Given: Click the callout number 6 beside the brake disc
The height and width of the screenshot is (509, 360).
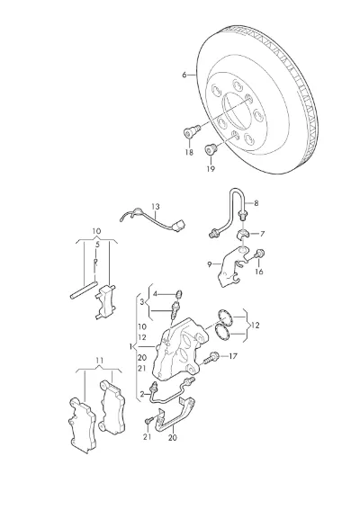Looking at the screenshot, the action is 184,75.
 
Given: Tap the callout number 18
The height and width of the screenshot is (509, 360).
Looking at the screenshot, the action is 189,152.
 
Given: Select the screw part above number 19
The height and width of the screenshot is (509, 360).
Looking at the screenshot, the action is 211,149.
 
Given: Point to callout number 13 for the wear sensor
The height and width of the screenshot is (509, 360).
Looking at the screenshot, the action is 156,207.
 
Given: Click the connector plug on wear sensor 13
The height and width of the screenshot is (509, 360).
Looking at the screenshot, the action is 179,225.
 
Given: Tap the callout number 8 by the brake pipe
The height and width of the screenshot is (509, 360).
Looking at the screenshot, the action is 256,203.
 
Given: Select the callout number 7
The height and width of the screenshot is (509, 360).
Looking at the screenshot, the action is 262,234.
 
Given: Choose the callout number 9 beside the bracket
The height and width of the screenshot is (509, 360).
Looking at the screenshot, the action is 210,264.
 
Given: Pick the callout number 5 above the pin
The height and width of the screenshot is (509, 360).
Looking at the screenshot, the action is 97,245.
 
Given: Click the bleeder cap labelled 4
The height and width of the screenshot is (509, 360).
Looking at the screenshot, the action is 179,293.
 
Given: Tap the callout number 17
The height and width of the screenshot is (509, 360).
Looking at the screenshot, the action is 233,356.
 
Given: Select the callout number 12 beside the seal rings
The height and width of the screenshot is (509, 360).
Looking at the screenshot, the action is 256,325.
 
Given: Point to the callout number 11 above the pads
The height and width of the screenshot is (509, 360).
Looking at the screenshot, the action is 99,361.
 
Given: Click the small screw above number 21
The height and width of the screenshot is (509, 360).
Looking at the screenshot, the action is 148,420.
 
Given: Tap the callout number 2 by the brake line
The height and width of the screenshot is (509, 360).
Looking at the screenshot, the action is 142,394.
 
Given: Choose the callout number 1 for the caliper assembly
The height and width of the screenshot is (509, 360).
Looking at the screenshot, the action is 130,346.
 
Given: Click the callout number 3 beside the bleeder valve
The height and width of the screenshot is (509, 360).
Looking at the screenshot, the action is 142,301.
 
